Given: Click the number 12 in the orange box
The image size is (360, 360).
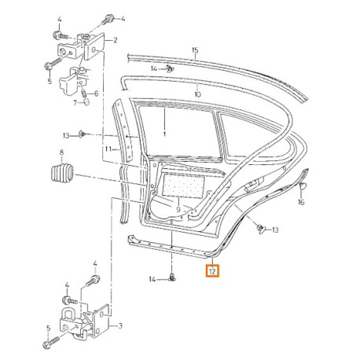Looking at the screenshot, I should pyautogui.click(x=213, y=273).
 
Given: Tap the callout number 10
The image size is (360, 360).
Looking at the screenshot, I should pyautogui.click(x=197, y=94).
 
